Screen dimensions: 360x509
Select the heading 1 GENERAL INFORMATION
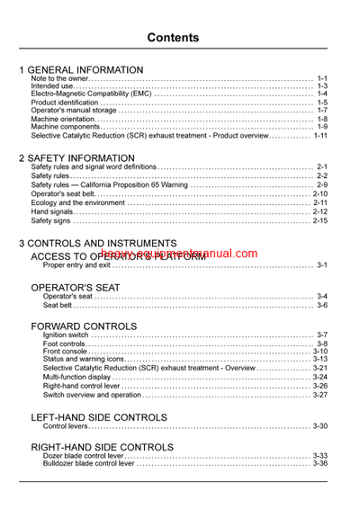[81, 69]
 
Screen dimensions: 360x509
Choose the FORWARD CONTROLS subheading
[84, 325]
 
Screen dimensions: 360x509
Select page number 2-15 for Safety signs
[319, 220]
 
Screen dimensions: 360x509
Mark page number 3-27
[319, 394]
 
